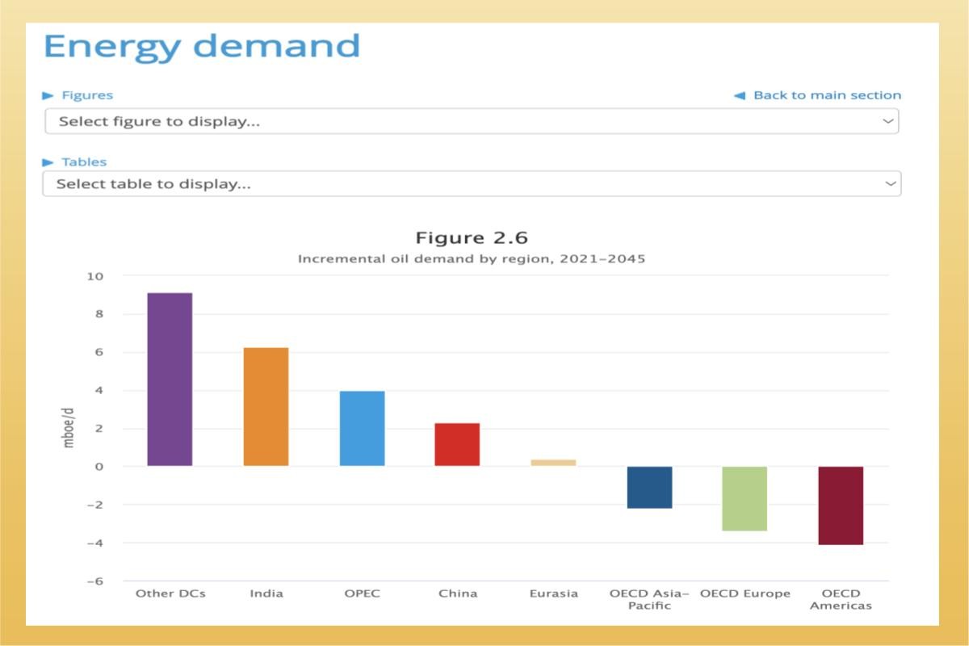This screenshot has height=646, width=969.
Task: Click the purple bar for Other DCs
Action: point(170,380)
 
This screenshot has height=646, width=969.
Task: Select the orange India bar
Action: point(266,407)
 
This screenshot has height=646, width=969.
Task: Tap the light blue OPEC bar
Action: point(362,429)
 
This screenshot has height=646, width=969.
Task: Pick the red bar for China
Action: point(457,445)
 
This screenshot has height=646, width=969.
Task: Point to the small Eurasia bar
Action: point(553,463)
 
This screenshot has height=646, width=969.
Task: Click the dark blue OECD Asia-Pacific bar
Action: point(649,487)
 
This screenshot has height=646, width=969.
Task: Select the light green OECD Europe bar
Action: point(745,498)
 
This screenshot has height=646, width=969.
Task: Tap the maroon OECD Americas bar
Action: point(841,505)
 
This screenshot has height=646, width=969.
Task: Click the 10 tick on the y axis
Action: point(95,276)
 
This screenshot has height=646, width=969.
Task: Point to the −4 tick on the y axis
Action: point(94,543)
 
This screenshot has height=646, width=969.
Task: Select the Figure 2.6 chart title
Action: point(472,238)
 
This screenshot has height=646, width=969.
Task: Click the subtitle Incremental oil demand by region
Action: point(472,259)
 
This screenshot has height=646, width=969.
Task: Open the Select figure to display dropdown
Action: point(472,122)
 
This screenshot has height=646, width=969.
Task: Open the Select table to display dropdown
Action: point(472,184)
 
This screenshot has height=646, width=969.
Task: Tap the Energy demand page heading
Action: point(202,46)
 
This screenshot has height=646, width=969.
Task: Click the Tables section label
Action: point(83,162)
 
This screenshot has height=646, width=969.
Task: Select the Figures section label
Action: point(86,95)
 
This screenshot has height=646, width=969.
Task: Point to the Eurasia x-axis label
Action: point(554,594)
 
